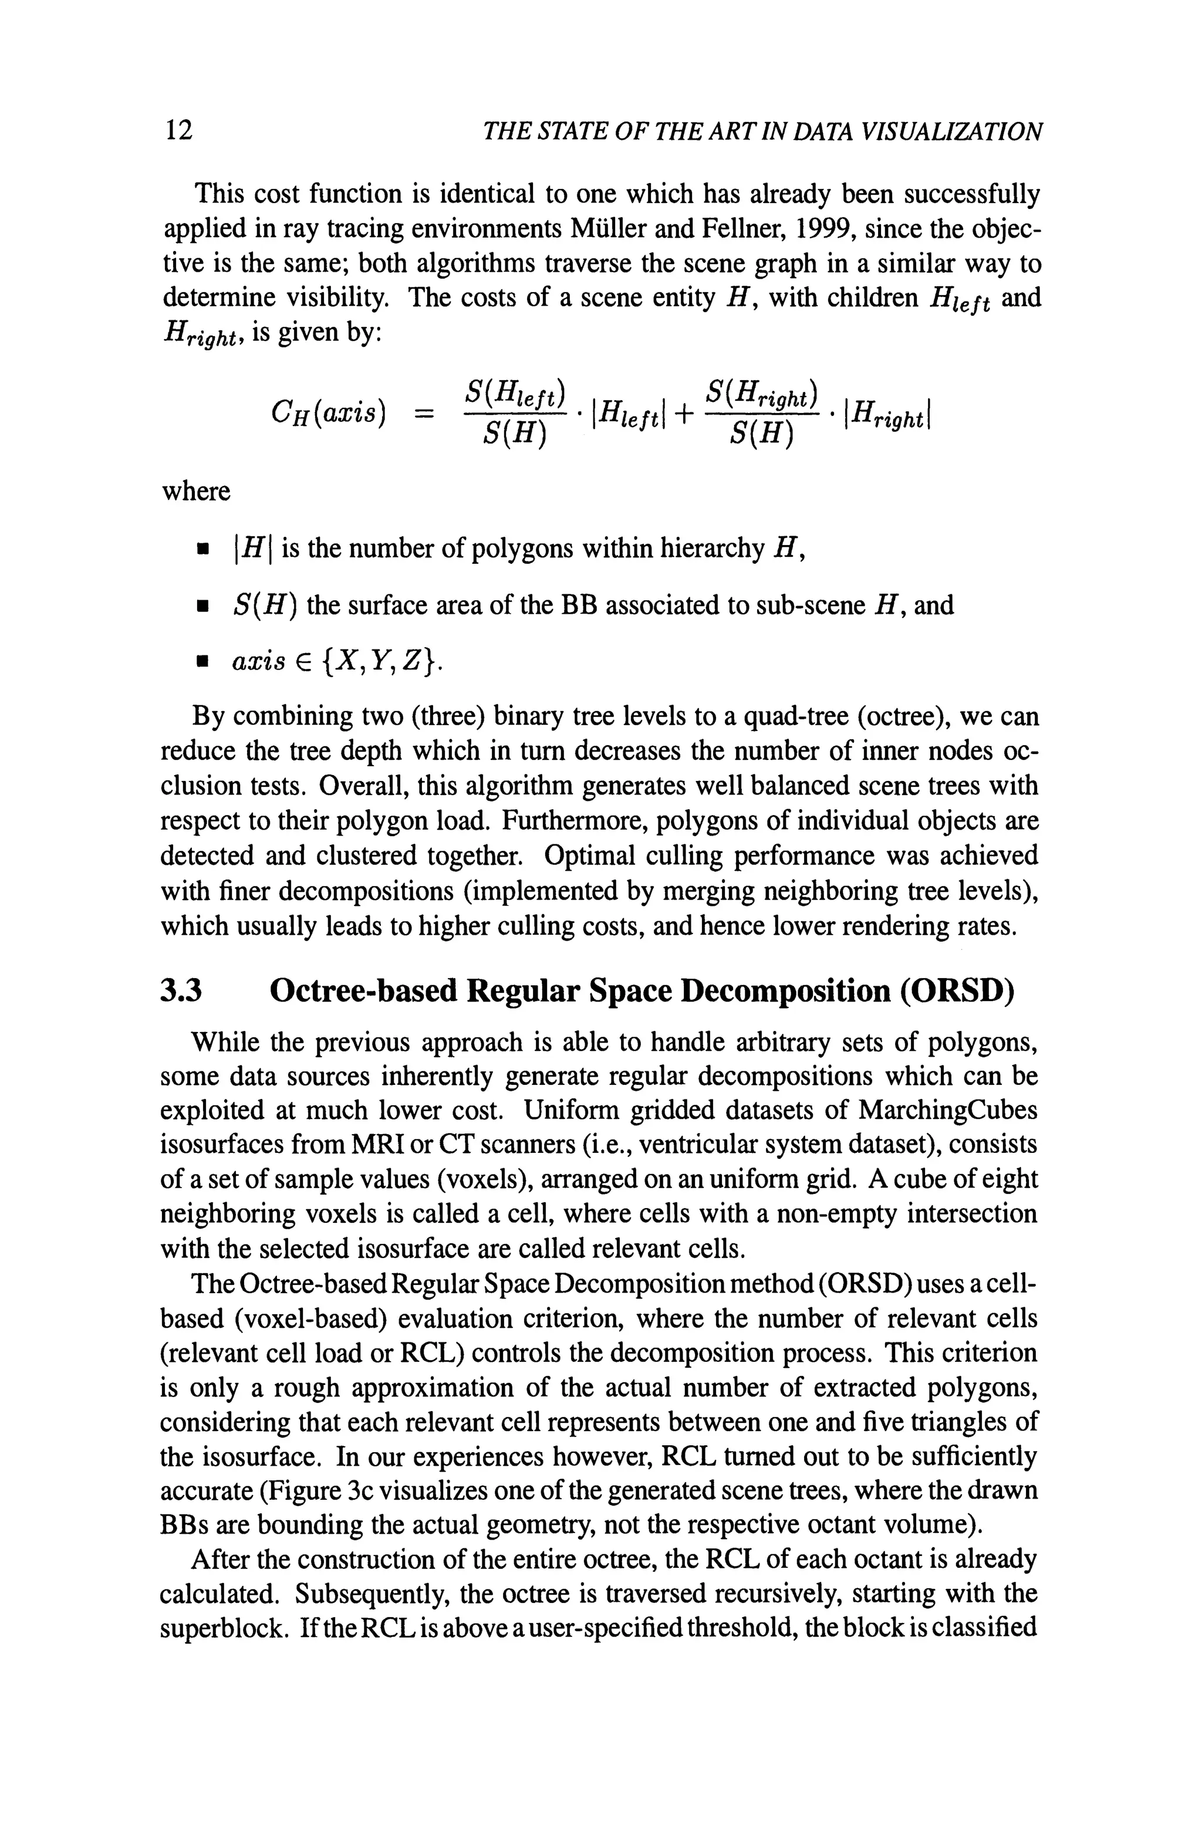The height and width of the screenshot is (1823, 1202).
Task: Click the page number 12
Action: pos(178,130)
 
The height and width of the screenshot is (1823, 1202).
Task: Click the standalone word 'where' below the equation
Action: pos(196,491)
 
